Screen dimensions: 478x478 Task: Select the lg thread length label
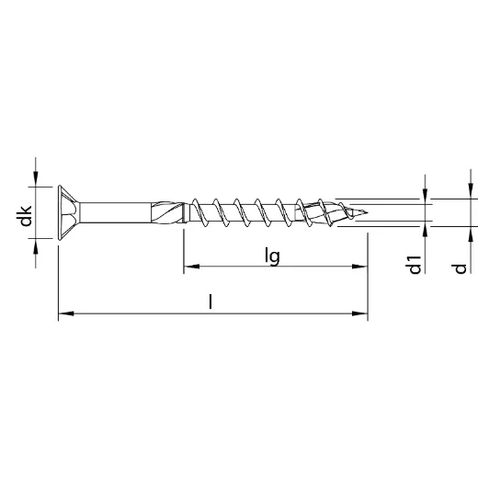(272, 256)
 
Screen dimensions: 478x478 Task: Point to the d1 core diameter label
(415, 263)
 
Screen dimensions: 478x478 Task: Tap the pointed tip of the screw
(371, 213)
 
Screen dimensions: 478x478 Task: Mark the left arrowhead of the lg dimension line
(189, 268)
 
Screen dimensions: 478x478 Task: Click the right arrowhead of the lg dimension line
(361, 268)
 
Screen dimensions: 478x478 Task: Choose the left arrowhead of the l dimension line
(63, 315)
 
